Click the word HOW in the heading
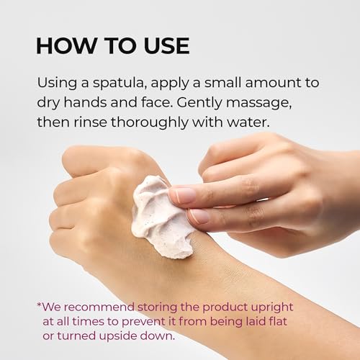tap(66, 45)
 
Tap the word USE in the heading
tap(166, 45)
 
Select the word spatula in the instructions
tap(120, 84)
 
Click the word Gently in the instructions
tap(199, 104)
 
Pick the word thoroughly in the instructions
tap(150, 123)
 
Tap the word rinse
tap(90, 122)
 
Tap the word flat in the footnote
tap(279, 321)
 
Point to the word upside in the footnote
tap(118, 336)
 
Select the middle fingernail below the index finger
tap(200, 216)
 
